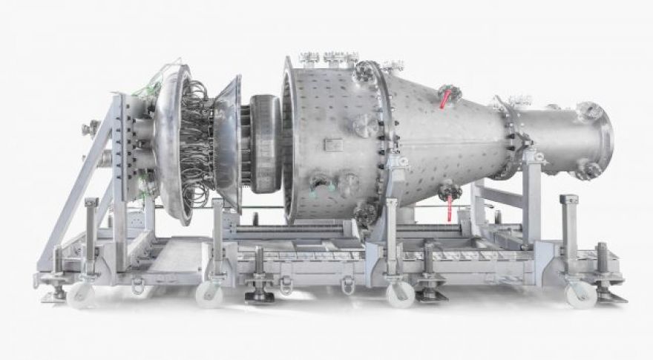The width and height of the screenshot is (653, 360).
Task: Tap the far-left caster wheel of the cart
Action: pos(80,295)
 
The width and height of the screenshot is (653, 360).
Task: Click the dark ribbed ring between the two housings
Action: pos(265,146)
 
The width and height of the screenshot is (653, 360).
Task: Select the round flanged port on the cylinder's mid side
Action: pos(364,125)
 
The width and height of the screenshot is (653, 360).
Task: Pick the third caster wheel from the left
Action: pos(400,295)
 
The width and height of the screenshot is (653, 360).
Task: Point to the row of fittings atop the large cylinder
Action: pos(326,56)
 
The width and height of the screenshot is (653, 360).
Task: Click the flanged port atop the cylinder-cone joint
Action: pos(366,72)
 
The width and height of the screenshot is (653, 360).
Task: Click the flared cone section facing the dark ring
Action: pos(230,141)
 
